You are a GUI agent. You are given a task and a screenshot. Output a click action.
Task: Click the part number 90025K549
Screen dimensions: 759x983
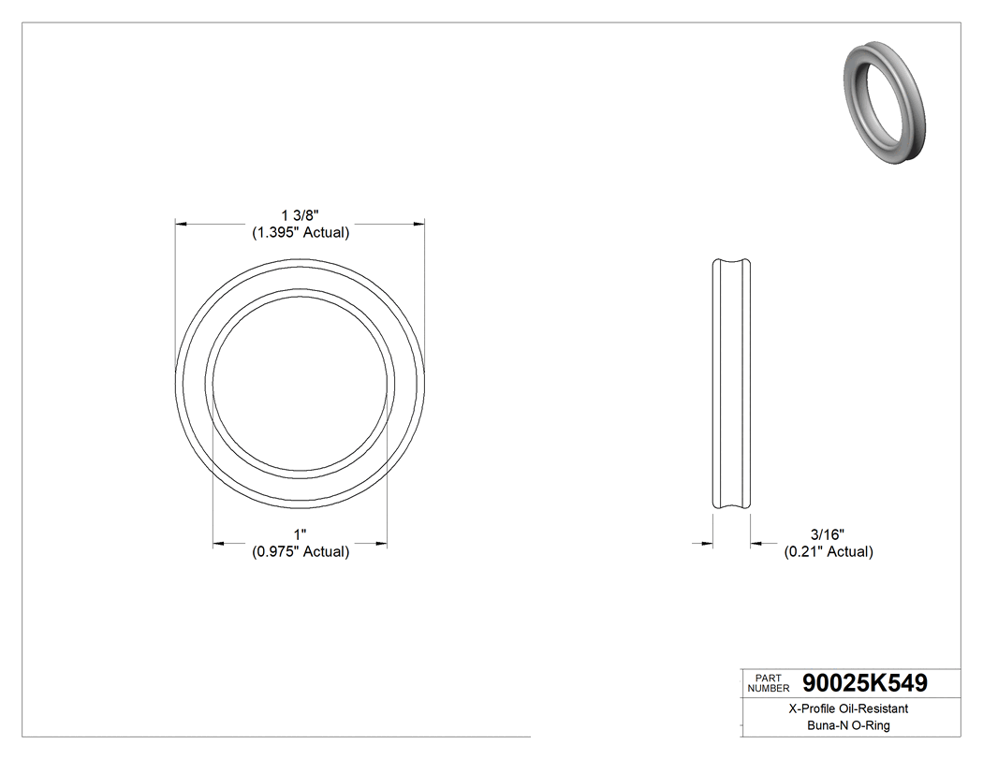864,683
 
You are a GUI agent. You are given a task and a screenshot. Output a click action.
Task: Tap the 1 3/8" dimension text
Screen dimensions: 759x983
301,215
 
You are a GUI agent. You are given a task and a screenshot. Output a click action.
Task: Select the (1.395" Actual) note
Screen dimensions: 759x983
301,233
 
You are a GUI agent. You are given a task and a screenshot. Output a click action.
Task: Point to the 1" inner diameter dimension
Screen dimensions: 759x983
301,533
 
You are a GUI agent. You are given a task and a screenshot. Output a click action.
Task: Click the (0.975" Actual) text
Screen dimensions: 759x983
301,552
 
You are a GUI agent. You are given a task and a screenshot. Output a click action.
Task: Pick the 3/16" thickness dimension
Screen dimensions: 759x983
828,533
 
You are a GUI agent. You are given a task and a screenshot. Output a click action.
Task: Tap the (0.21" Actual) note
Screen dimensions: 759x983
828,552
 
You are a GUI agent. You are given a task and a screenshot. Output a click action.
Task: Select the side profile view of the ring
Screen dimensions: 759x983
731,384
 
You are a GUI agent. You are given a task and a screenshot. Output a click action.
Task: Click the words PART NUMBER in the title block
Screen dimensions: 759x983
769,682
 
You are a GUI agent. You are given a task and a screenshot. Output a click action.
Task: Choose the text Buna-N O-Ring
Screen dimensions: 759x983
848,725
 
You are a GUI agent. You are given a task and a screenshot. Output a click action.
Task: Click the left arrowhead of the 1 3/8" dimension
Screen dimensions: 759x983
182,225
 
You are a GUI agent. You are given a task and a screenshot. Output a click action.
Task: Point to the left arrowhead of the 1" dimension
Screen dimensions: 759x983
219,542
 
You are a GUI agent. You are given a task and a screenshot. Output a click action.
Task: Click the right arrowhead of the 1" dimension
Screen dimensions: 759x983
382,542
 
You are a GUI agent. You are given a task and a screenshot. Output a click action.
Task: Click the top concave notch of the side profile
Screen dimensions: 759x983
731,261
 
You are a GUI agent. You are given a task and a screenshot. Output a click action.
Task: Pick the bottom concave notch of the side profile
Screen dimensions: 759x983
731,506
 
